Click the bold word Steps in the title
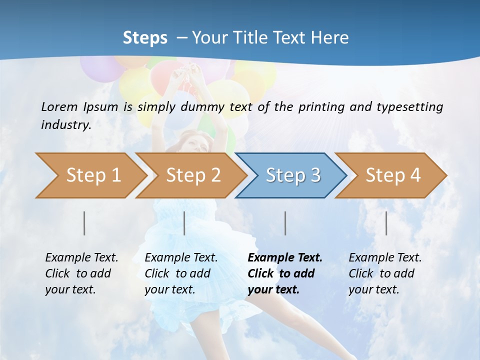(145, 37)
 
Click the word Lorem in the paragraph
(59, 106)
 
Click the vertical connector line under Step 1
(84, 223)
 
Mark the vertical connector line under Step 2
(184, 223)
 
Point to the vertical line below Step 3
(285, 223)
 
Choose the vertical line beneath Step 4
(386, 223)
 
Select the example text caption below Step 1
(81, 273)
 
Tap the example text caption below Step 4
(385, 273)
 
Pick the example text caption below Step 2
(181, 273)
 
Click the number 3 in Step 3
(315, 175)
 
